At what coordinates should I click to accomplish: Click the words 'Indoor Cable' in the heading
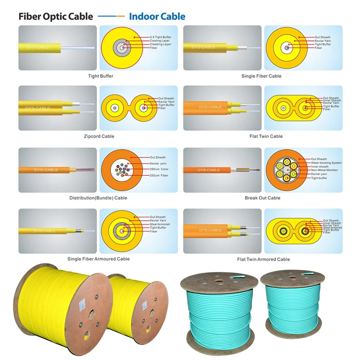[157, 17]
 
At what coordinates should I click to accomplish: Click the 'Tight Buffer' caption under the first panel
[100, 76]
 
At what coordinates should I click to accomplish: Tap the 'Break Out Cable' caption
[262, 198]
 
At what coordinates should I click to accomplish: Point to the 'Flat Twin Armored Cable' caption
[263, 259]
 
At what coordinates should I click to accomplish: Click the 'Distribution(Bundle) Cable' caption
[98, 198]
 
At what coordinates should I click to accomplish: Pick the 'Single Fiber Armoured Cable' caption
[98, 259]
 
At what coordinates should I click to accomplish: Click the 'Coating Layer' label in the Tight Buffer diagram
[160, 41]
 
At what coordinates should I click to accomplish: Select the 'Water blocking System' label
[326, 163]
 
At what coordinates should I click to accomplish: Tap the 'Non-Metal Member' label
[324, 170]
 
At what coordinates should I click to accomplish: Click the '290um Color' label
[159, 169]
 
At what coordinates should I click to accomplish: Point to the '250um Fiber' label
[159, 176]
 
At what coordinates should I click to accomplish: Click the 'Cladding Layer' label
[160, 44]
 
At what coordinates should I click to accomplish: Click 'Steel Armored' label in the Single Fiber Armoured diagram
[160, 224]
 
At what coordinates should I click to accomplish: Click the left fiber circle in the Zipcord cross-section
[115, 108]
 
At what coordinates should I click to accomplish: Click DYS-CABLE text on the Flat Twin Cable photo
[210, 107]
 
